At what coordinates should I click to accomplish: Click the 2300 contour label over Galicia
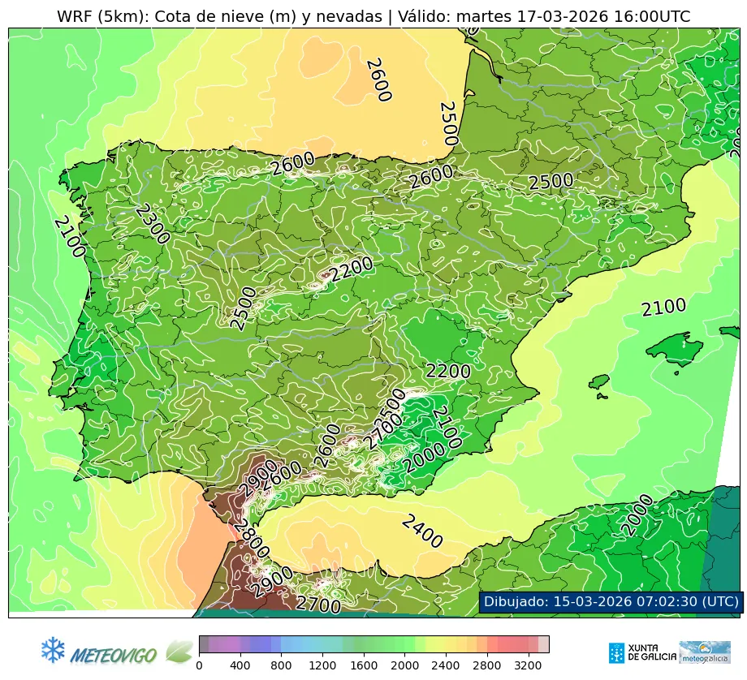(x=152, y=224)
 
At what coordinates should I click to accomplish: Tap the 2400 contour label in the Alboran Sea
(x=422, y=532)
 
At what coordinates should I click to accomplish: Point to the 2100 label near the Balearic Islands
(x=663, y=308)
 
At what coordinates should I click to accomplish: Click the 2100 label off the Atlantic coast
(x=69, y=237)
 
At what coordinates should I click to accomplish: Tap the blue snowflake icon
(x=53, y=649)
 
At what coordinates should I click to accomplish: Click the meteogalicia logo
(x=704, y=652)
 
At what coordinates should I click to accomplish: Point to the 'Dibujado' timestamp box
(x=609, y=601)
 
